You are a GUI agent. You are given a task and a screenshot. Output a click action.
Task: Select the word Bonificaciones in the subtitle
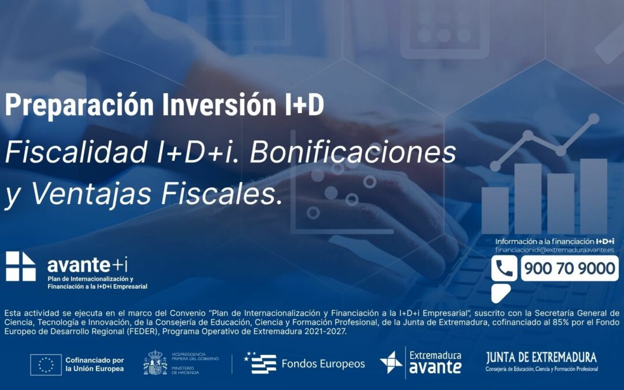click(x=353, y=153)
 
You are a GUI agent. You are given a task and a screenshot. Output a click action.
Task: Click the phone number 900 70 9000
click(x=569, y=268)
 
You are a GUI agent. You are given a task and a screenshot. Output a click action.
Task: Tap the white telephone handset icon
click(x=504, y=269)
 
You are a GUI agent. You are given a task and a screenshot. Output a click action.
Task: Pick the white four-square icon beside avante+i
click(x=21, y=266)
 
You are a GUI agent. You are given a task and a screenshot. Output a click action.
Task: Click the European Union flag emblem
click(x=46, y=364)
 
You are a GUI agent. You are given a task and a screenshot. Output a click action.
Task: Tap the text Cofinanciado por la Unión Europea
click(x=94, y=364)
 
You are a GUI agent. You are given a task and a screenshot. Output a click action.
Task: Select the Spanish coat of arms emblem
click(x=155, y=363)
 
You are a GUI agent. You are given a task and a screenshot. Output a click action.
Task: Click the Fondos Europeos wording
click(x=323, y=364)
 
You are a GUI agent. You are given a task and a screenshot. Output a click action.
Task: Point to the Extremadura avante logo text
click(x=435, y=362)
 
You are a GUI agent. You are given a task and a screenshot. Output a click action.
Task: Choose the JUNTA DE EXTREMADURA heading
click(x=541, y=357)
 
